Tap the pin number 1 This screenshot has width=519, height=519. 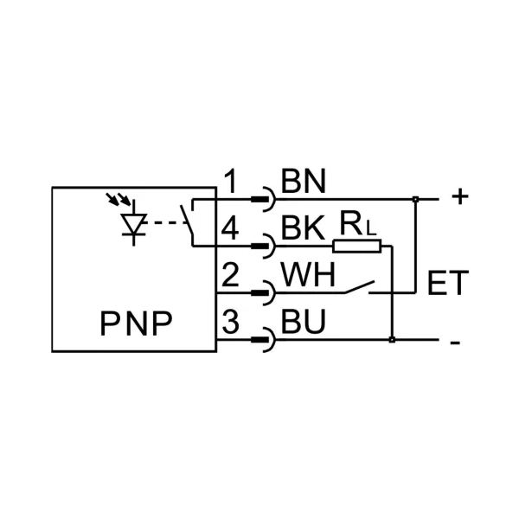click(230, 182)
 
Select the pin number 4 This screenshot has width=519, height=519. click(230, 228)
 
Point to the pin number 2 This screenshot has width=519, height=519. click(230, 276)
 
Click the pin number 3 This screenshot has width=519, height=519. click(230, 324)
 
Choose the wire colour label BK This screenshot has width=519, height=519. click(303, 228)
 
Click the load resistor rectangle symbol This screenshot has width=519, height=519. click(357, 247)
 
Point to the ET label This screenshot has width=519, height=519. click(448, 284)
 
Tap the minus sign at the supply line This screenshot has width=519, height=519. click(456, 342)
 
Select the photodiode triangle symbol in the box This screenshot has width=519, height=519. click(132, 224)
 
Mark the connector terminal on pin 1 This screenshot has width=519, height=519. click(261, 200)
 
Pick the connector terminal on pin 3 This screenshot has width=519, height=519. click(261, 341)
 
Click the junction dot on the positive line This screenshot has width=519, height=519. click(417, 200)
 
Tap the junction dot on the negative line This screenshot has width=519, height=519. click(393, 340)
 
